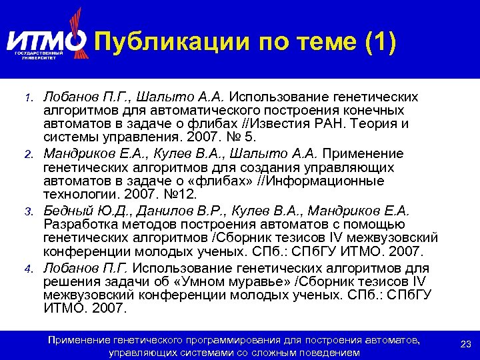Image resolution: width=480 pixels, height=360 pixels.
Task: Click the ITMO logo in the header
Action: pyautogui.click(x=47, y=41)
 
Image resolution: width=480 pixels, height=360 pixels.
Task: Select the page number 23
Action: pyautogui.click(x=466, y=344)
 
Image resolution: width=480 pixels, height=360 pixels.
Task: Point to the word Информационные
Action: pyautogui.click(x=327, y=181)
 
